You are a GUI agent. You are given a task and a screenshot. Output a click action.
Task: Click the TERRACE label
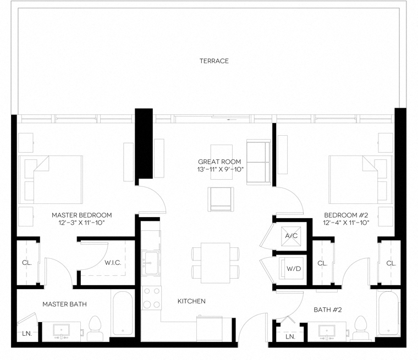(x=214, y=60)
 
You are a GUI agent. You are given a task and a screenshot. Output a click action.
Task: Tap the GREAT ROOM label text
(x=220, y=162)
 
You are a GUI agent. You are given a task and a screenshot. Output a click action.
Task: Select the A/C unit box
(x=291, y=236)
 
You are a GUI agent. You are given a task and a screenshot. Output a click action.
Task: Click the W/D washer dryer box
(x=293, y=268)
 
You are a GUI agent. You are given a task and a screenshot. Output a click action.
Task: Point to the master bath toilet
(x=95, y=328)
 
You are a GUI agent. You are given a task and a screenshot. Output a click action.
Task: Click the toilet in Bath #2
(x=360, y=328)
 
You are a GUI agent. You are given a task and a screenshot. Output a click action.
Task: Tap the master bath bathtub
(x=122, y=314)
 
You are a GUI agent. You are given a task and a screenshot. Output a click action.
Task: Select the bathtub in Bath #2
(x=387, y=314)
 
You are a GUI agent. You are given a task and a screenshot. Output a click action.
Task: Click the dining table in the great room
(x=215, y=262)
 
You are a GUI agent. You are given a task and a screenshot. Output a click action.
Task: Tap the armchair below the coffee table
(x=221, y=198)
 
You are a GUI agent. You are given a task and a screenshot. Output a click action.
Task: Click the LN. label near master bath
(x=26, y=333)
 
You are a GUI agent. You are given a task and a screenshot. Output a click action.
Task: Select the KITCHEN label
(x=191, y=301)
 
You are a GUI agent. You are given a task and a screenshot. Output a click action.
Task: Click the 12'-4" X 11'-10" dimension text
(x=346, y=223)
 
